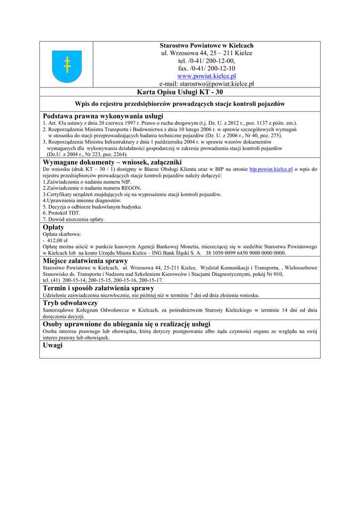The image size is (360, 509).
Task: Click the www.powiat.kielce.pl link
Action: [x=206, y=76]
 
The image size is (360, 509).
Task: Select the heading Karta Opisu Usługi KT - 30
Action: [x=206, y=92]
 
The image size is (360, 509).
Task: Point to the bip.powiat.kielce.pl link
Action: [x=271, y=170]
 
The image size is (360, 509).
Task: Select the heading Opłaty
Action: [x=54, y=227]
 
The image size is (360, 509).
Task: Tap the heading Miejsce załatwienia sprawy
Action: [x=86, y=260]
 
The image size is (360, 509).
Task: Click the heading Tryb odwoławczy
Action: [x=70, y=303]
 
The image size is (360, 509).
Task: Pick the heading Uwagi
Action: [x=53, y=345]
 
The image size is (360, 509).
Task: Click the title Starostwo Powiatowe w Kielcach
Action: [x=206, y=45]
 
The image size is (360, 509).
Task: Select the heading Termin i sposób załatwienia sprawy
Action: [x=98, y=288]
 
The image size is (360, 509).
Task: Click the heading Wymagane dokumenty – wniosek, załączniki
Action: [x=112, y=162]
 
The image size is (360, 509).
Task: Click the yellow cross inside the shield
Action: [x=67, y=65]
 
